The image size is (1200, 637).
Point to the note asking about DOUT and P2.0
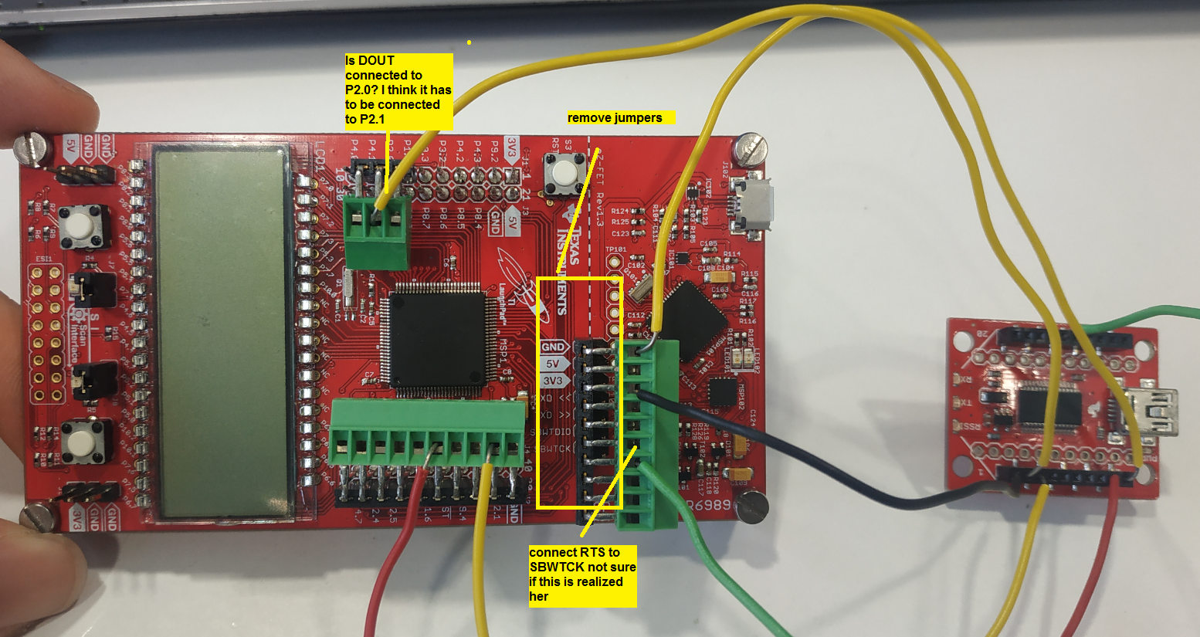point(398,90)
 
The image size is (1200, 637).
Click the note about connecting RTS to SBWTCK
point(582,575)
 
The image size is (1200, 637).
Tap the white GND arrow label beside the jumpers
point(554,347)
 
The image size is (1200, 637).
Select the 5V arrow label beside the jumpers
point(554,364)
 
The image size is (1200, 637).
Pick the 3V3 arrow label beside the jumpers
point(554,381)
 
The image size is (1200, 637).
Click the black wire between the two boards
point(811,456)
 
